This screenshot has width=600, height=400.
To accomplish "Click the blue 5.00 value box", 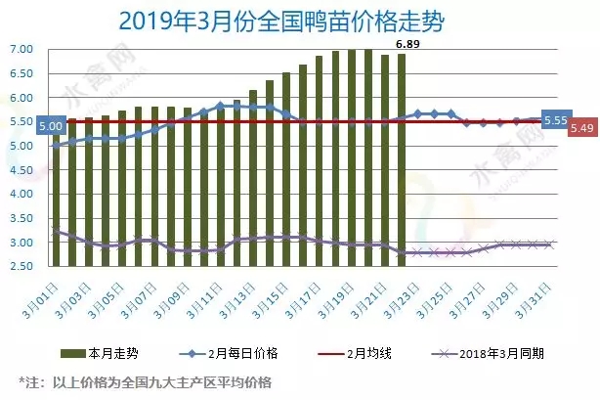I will (x=49, y=126).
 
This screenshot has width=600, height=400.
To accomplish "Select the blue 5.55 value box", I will (x=555, y=118).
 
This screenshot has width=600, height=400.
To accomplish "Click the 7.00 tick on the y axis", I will (x=21, y=49).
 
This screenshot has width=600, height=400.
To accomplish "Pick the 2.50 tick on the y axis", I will (x=21, y=266).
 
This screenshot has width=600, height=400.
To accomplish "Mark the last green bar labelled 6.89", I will (x=401, y=161).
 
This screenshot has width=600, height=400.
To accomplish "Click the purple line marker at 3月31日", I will (x=550, y=244).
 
